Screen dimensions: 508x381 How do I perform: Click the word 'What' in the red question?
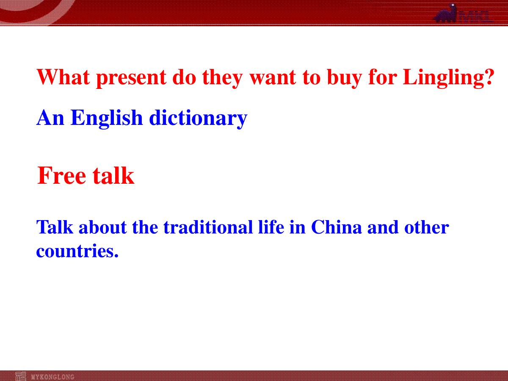point(63,77)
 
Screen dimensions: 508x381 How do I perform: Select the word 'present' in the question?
point(131,78)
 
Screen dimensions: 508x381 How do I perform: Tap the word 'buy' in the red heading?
point(344,78)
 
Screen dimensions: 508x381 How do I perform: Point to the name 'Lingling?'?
point(448,78)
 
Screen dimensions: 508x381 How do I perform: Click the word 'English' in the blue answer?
point(107,118)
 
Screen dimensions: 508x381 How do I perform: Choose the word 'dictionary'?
point(199,118)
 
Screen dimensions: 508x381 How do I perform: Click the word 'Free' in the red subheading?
point(61,175)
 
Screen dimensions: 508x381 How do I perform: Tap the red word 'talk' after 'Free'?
point(113,175)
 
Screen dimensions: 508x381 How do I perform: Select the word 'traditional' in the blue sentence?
point(208,227)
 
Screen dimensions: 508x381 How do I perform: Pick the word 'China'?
point(336,227)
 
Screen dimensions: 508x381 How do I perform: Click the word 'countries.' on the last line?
point(77,251)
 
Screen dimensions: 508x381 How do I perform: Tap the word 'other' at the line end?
point(427,227)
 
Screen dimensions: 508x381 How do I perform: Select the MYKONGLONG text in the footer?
point(52,377)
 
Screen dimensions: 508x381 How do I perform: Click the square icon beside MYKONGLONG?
point(21,376)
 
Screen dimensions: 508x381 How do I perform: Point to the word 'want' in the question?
point(273,79)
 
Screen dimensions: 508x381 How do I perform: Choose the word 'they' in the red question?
point(222,78)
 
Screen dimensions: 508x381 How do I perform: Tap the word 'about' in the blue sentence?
point(103,227)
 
